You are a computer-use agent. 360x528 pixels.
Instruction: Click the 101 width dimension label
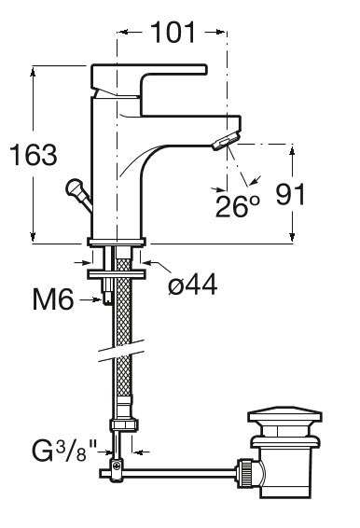pos(173,33)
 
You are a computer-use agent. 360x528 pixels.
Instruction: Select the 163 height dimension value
pos(34,155)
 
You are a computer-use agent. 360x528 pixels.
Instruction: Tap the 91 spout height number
pos(290,194)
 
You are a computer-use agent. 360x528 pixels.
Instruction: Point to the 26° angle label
pos(238,206)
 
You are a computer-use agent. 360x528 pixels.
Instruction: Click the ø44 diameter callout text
pos(193,285)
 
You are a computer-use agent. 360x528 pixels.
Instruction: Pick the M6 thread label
pos(53,299)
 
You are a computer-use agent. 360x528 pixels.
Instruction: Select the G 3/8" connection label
pos(64,451)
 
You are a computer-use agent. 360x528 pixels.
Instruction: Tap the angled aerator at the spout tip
pos(226,141)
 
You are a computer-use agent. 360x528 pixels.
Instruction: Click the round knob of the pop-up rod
pos(74,188)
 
